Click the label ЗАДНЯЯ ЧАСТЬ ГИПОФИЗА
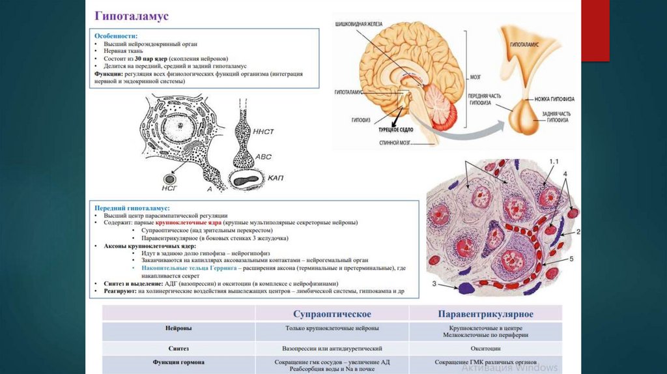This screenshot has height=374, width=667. pyautogui.click(x=558, y=117)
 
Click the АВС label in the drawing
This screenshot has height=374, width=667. pyautogui.click(x=263, y=156)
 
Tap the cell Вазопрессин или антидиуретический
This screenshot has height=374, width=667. pyautogui.click(x=332, y=349)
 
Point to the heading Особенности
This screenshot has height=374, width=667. pyautogui.click(x=115, y=36)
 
